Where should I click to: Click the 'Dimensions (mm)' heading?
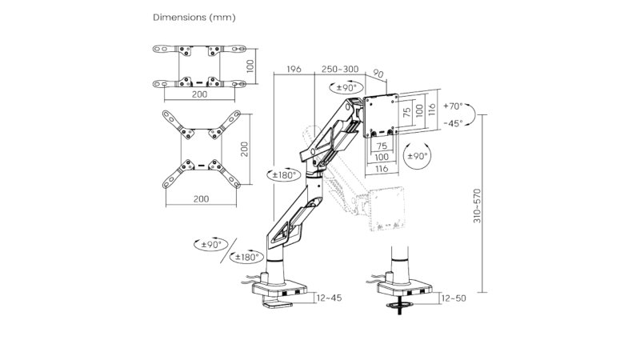coord(194,18)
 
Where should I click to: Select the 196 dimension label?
coord(294,69)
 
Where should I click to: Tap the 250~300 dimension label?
coord(339,69)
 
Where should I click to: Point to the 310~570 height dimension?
coord(477,206)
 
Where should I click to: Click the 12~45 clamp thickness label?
coord(329,298)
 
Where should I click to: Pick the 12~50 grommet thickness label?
coord(454,298)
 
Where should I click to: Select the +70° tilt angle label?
coord(453,106)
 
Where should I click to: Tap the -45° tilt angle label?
coord(453,123)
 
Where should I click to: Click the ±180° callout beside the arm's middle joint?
coord(284,175)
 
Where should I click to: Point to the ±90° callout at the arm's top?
coord(346,87)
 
